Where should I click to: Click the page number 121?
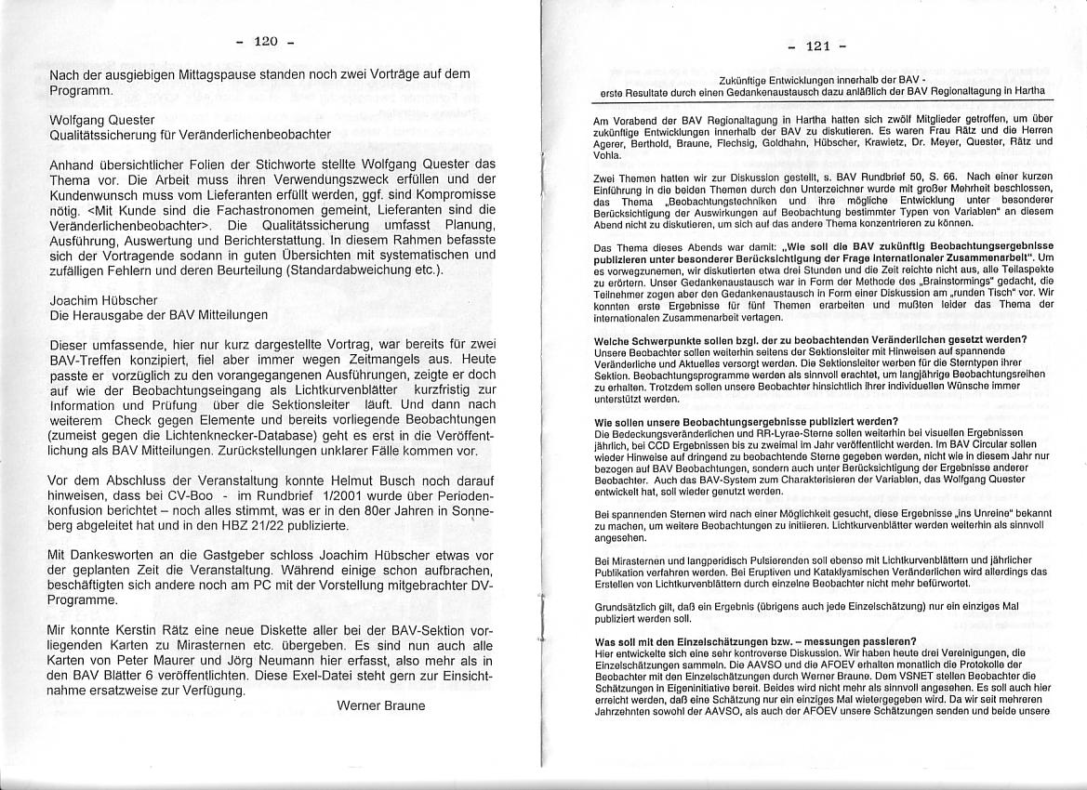(817, 46)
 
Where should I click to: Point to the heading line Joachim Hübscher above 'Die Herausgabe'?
(103, 300)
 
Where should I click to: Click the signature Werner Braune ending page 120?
(380, 705)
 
